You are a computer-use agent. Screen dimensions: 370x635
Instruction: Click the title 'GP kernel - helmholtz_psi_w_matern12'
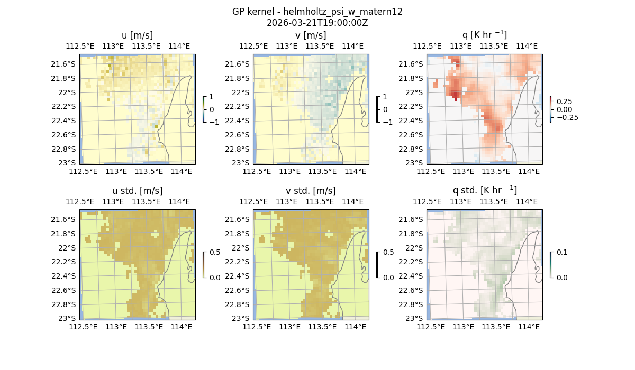tap(317, 12)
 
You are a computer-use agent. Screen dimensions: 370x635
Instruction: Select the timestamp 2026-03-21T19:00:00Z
tap(317, 23)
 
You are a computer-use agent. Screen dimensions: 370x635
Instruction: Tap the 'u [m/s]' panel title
tap(137, 35)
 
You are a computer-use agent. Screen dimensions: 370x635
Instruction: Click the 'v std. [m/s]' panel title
tap(311, 191)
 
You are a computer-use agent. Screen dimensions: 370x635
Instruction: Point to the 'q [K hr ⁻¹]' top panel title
tap(484, 35)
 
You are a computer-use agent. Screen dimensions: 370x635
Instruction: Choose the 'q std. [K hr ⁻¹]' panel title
tap(484, 190)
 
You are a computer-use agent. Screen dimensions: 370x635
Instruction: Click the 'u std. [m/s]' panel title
tap(137, 191)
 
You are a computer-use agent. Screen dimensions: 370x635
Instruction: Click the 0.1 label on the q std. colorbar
tap(561, 253)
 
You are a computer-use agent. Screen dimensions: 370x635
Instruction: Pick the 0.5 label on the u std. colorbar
tap(215, 253)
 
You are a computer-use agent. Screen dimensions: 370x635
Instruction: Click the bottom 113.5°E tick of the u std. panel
tap(149, 327)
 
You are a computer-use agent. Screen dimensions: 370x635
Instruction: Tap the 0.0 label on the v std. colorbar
tap(388, 277)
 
